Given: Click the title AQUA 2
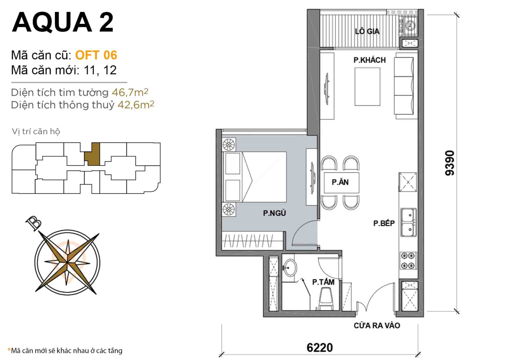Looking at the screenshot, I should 63,22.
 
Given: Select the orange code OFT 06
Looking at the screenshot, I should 96,55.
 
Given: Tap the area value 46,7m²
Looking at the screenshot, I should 130,92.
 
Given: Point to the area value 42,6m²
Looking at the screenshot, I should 136,105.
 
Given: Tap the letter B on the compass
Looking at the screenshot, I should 33,223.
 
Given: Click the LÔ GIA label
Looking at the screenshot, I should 367,31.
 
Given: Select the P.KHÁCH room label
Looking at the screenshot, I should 369,60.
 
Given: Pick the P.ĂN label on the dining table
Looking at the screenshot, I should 340,182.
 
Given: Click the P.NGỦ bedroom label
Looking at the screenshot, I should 274,213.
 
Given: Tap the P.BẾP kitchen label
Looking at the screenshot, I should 384,224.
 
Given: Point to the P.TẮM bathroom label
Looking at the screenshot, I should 323,282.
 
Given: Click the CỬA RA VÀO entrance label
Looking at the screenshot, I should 377,326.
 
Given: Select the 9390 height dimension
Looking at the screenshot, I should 450,163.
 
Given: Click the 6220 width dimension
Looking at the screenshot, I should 319,347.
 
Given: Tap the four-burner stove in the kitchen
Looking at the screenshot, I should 408,261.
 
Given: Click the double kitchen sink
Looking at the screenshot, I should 408,222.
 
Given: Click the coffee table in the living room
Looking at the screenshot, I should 367,87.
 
